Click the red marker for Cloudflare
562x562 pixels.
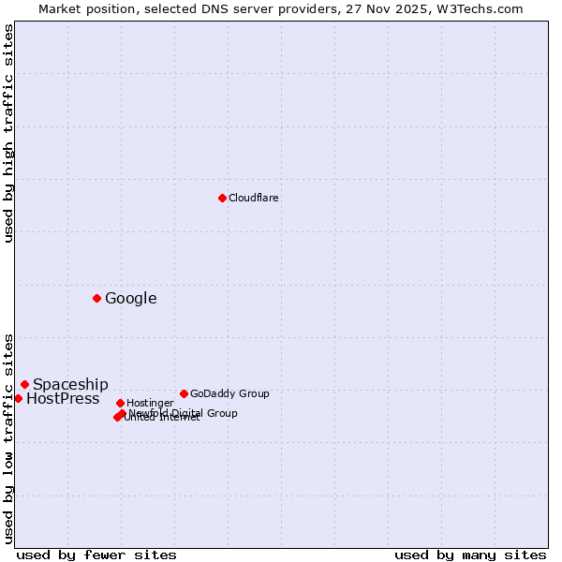tap(222, 198)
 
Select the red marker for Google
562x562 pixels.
tap(96, 298)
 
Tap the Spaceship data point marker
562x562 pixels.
tap(24, 384)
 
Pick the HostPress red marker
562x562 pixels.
tap(18, 398)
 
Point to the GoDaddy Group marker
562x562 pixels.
tap(184, 393)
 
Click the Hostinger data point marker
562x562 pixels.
tap(120, 403)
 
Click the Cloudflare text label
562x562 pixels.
tap(254, 198)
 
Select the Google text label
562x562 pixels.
tap(131, 299)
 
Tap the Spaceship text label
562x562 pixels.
tap(70, 384)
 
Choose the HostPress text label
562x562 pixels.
tap(63, 399)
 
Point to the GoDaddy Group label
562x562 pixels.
tap(229, 393)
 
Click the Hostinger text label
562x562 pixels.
tap(150, 403)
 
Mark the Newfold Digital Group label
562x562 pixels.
tap(184, 413)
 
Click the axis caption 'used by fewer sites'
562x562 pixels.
tap(96, 555)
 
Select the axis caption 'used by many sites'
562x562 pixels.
tap(470, 555)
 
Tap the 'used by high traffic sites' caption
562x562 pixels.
tap(9, 133)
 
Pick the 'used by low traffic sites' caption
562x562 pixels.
tap(9, 437)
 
